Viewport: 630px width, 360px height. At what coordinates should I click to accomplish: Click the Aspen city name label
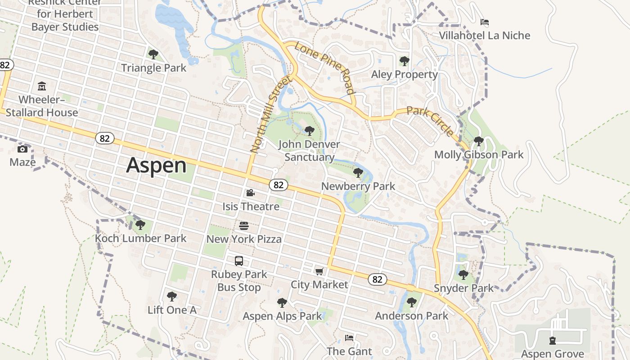pos(156,165)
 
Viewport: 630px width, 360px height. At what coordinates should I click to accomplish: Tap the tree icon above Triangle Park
pos(153,55)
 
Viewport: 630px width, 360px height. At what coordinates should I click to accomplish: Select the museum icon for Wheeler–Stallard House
pos(42,86)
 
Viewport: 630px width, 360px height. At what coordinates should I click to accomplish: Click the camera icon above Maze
pos(22,149)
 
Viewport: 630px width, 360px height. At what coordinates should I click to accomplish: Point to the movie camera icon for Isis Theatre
pos(251,193)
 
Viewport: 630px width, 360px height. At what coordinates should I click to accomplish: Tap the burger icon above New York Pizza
pos(244,225)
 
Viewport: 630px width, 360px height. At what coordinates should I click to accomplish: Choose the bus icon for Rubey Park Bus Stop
pos(239,261)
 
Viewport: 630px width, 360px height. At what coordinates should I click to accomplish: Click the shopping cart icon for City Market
pos(319,271)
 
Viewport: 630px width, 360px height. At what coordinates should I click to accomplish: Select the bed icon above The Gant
pos(349,337)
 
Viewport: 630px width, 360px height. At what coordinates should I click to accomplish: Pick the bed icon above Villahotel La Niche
pos(485,22)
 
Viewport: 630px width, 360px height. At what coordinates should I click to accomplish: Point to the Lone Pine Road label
pos(324,68)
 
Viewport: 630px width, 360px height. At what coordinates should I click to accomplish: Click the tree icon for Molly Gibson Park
pos(478,141)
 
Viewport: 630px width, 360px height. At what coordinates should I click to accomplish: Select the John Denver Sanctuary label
pos(309,151)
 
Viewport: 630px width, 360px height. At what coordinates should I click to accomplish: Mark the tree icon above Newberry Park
pos(358,173)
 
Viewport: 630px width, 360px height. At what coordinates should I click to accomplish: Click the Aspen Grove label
pos(552,354)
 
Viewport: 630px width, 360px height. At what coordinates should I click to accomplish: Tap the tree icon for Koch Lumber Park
pos(140,225)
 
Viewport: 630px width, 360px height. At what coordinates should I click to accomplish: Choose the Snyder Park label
pos(463,288)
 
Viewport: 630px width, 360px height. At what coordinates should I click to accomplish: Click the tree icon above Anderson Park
pos(411,302)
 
